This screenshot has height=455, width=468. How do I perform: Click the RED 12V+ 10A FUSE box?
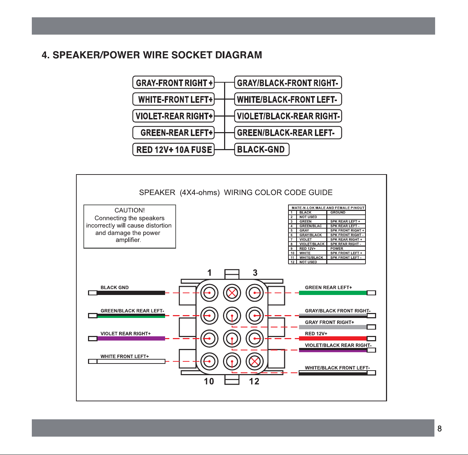174,149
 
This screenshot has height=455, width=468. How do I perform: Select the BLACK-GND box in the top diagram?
262,149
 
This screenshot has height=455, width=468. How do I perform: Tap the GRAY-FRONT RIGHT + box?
174,82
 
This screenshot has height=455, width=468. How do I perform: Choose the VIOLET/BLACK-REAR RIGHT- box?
288,116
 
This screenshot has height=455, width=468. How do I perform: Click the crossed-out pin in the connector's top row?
232,293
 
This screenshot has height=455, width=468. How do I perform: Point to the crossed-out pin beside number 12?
255,361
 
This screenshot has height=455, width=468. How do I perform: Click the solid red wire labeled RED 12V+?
333,338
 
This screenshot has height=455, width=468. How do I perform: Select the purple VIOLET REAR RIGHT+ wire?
131,338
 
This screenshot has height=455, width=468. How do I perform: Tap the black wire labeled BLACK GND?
131,293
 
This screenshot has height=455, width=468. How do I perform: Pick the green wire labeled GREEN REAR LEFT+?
333,293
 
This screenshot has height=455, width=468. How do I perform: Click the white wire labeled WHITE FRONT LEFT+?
131,361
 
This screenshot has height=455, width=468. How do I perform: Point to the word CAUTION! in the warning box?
130,210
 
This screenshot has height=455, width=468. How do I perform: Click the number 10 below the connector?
209,381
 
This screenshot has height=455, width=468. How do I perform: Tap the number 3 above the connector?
255,273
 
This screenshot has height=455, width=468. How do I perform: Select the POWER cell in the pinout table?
337,249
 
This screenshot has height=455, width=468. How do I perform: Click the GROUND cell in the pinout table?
338,212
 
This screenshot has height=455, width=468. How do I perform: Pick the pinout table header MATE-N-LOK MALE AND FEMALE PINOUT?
328,208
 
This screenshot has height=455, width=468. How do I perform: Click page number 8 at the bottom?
439,429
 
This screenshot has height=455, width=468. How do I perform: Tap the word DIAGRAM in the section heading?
239,55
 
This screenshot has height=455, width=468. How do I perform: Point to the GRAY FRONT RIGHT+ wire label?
329,322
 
